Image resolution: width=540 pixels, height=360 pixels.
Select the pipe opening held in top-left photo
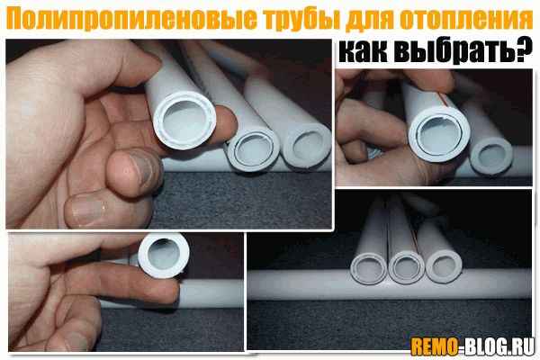click(184, 121)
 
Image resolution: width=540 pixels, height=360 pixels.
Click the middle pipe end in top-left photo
click(252, 150)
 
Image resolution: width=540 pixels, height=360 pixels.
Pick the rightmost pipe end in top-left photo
click(307, 146)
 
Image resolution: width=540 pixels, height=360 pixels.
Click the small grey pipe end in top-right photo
click(491, 155)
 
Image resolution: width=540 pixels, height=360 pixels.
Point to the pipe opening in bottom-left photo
click(164, 255)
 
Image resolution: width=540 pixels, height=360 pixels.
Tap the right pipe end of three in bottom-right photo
click(444, 267)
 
